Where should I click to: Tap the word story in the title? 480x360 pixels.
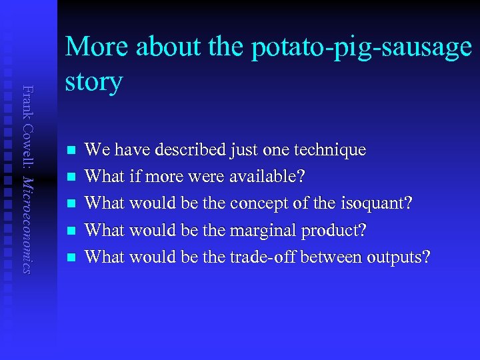click(x=94, y=81)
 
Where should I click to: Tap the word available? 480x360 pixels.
click(x=266, y=177)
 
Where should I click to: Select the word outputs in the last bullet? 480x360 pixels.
click(x=397, y=257)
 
